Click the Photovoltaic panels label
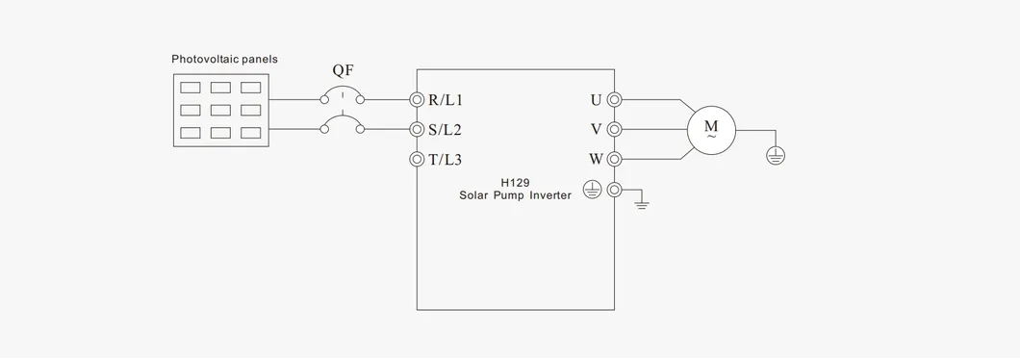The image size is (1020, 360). point(224,60)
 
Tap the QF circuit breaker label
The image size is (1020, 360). point(342,70)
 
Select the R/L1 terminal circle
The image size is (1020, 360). point(417,99)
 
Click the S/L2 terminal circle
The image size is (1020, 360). point(417,129)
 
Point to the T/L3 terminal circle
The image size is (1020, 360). point(417,159)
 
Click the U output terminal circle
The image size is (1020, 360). point(614,99)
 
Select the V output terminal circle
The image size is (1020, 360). point(614,129)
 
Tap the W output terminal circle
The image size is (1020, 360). point(614,159)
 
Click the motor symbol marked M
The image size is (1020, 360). point(711,130)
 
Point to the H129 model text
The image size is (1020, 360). point(515,182)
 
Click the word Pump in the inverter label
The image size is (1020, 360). point(509,194)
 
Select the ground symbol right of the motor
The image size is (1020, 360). point(775,154)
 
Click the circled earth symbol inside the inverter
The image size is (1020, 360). point(593,191)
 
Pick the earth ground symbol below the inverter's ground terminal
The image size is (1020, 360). point(642,204)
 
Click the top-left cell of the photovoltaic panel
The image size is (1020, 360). point(191,88)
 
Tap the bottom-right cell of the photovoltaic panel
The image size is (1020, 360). point(250,132)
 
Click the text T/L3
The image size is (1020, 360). point(446,160)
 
